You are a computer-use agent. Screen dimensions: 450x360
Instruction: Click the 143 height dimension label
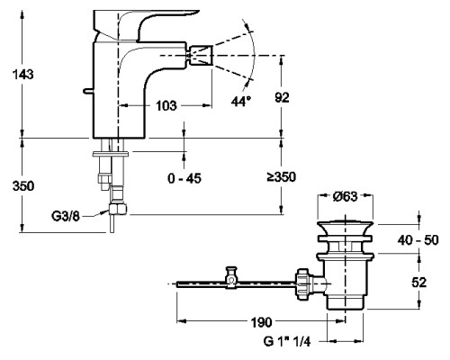[x=22, y=74]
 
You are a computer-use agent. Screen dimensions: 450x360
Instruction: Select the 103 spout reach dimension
[x=166, y=105]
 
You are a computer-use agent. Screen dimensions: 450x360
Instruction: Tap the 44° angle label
[x=241, y=102]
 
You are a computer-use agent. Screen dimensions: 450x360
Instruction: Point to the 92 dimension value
[x=282, y=98]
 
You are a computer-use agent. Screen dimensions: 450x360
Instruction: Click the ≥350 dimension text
[x=282, y=177]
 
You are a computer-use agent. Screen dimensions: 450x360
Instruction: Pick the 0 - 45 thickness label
[x=184, y=178]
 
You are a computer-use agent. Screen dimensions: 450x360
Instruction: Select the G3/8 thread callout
[x=66, y=216]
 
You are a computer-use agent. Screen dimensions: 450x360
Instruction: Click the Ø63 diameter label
[x=346, y=196]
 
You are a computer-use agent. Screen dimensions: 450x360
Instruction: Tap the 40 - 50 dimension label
[x=418, y=240]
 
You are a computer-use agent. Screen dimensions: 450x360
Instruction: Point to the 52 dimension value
[x=418, y=283]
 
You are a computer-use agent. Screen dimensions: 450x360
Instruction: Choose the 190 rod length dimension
[x=261, y=322]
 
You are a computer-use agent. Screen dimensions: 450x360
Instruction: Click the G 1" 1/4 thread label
[x=286, y=341]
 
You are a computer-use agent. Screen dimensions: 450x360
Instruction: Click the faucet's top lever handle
[x=141, y=24]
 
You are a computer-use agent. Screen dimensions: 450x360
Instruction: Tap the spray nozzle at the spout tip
[x=201, y=56]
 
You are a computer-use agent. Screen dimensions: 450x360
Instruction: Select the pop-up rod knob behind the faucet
[x=88, y=91]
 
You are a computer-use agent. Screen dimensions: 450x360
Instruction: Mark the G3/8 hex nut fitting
[x=118, y=209]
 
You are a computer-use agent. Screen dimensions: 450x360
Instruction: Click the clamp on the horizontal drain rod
[x=231, y=277]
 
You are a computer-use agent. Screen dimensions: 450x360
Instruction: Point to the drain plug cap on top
[x=346, y=228]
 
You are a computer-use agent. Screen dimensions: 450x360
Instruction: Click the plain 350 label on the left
[x=23, y=186]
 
